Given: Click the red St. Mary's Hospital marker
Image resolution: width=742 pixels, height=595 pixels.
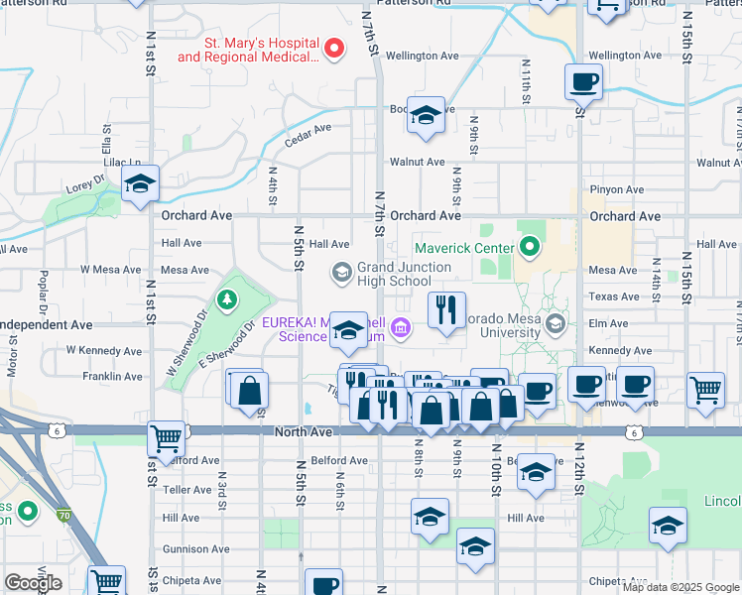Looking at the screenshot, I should tap(334, 48).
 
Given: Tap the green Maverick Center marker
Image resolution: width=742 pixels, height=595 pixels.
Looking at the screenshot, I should tap(530, 248).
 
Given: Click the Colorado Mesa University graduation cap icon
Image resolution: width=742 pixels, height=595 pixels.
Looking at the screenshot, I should tap(556, 323).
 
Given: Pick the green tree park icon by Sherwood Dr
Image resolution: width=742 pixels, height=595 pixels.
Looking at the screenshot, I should tap(228, 297).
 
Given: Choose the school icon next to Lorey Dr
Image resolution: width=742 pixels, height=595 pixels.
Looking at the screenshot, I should tap(141, 182).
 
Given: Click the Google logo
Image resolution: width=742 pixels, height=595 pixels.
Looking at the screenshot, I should tap(33, 583).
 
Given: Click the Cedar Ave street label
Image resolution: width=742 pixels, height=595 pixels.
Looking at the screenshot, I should tap(308, 129).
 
